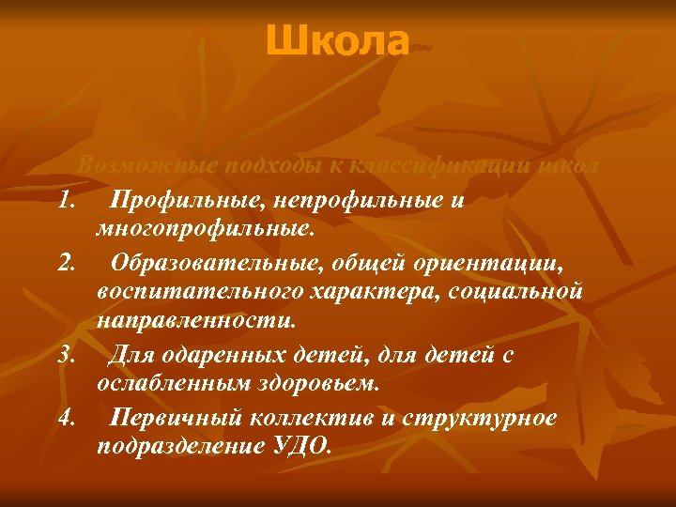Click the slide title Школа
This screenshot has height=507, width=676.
(337, 40)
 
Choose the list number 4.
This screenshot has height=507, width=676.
(65, 416)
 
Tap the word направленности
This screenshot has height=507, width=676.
(195, 322)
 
